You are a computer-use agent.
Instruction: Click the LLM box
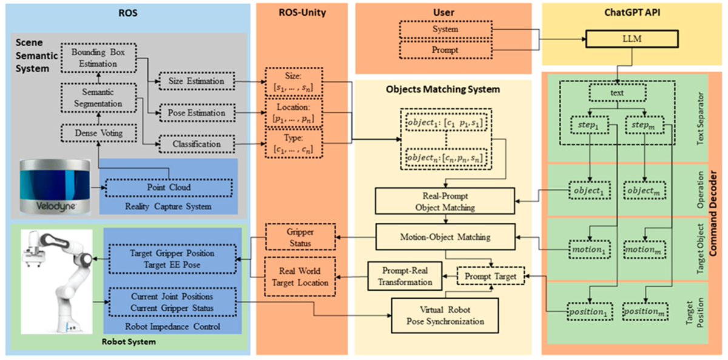[x=632, y=39]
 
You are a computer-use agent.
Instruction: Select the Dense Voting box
[x=99, y=133]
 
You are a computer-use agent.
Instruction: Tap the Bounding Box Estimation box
[x=98, y=58]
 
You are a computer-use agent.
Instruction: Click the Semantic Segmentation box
[x=98, y=98]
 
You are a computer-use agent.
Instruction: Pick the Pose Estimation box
[x=197, y=113]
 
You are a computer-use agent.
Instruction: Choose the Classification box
[x=197, y=144]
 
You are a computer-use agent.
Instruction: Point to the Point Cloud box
[x=169, y=188]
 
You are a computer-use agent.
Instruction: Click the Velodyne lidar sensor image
[x=55, y=186]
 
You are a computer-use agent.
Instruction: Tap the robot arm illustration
[x=57, y=282]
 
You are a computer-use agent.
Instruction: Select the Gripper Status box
[x=300, y=237]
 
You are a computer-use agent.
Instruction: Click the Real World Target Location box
[x=300, y=277]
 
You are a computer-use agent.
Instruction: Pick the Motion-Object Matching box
[x=445, y=237]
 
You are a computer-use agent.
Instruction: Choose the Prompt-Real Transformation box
[x=405, y=276]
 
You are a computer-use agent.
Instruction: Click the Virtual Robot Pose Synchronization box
[x=445, y=316]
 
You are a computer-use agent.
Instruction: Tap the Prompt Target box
[x=490, y=276]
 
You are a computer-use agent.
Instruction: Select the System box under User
[x=445, y=29]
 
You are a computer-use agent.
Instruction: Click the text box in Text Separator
[x=617, y=93]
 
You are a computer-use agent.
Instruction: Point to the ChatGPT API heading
[x=632, y=13]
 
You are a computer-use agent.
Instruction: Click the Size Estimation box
[x=197, y=81]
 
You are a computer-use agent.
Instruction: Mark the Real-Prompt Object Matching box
[x=445, y=201]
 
